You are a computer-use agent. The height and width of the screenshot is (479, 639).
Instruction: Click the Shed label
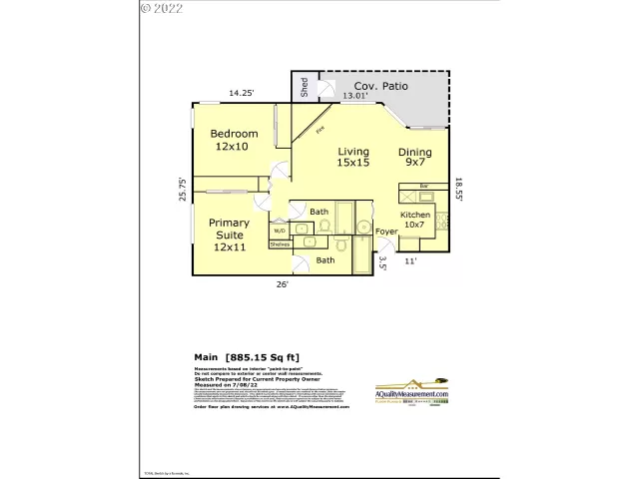pyautogui.click(x=304, y=88)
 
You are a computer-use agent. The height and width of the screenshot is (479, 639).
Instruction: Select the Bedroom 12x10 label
pyautogui.click(x=234, y=140)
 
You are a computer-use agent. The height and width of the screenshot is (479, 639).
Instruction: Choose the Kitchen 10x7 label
pyautogui.click(x=414, y=221)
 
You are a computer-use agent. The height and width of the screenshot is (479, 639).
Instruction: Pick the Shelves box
pyautogui.click(x=280, y=243)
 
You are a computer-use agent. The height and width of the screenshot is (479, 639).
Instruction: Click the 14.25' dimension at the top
pyautogui.click(x=241, y=93)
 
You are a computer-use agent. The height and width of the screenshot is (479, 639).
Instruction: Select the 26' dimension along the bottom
pyautogui.click(x=283, y=284)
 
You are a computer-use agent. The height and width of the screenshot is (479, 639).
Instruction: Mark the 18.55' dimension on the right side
pyautogui.click(x=458, y=190)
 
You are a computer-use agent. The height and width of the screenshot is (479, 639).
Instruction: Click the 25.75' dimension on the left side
pyautogui.click(x=182, y=190)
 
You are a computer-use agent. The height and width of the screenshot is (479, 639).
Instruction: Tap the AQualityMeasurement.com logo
pyautogui.click(x=411, y=393)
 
